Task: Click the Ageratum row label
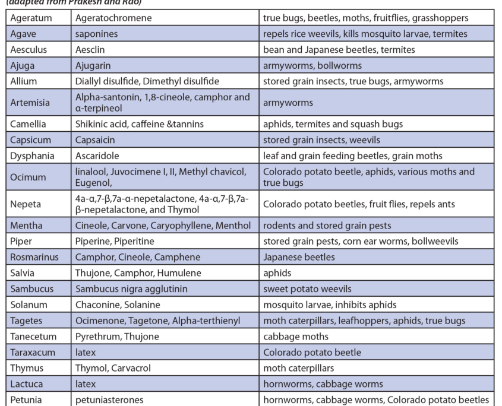click(31, 18)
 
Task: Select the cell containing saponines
click(97, 34)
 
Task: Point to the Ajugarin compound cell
click(94, 66)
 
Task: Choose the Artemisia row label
click(30, 103)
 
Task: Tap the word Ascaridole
click(97, 156)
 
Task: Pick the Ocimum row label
click(28, 177)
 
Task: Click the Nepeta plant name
click(26, 204)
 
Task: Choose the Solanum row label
click(27, 304)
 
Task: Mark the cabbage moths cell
click(295, 337)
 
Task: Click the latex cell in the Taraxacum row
click(86, 352)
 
